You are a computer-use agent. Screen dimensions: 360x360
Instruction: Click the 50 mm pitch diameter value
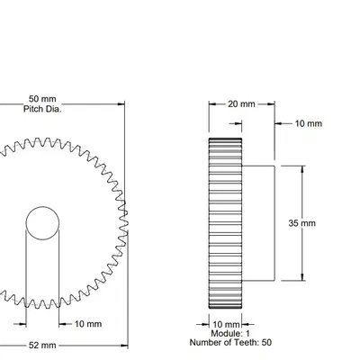tap(43, 98)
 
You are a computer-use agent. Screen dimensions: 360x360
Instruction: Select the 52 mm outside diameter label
tap(42, 345)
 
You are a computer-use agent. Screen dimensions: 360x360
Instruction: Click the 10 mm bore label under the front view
tap(87, 323)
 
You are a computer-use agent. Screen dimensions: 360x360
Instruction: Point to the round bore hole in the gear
tap(43, 222)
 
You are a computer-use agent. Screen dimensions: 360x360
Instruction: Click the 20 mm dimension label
tap(240, 103)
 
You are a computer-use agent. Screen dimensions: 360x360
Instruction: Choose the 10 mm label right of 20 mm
tap(308, 123)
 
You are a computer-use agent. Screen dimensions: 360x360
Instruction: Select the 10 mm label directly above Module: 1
tap(225, 323)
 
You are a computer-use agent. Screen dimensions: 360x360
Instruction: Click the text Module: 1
tap(225, 333)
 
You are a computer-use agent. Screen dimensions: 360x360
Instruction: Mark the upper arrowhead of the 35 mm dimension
tap(301, 168)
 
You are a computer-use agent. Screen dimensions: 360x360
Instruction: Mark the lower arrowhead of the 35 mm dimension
tap(301, 278)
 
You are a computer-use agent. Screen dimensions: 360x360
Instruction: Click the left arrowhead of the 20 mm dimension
tap(212, 103)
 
